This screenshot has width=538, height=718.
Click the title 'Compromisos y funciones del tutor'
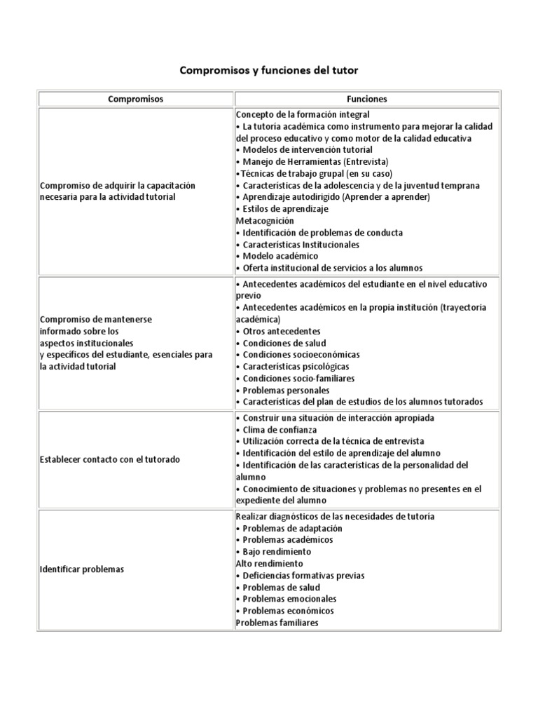[269, 71]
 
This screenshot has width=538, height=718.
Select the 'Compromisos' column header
[136, 99]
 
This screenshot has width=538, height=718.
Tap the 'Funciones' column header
[367, 99]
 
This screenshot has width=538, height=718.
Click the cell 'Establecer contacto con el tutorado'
[110, 459]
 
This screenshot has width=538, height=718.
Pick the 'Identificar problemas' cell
[82, 569]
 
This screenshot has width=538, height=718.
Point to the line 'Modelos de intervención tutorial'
[304, 149]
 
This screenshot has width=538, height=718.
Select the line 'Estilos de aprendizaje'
[282, 209]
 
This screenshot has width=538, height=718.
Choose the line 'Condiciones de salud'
[284, 343]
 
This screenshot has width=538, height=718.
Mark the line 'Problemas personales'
[284, 390]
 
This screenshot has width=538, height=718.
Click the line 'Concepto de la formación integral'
[303, 114]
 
